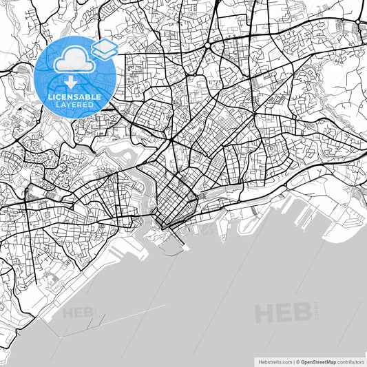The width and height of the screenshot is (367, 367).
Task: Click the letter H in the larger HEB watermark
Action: tap(266, 313)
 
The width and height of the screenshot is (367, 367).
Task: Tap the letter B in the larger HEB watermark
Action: tap(301, 313)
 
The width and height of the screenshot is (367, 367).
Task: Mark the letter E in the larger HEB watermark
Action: tap(284, 313)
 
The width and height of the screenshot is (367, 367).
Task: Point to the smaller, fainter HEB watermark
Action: tap(80, 313)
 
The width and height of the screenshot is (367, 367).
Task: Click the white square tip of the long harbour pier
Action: tap(183, 249)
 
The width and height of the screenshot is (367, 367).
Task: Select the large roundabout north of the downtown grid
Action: tap(207, 45)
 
